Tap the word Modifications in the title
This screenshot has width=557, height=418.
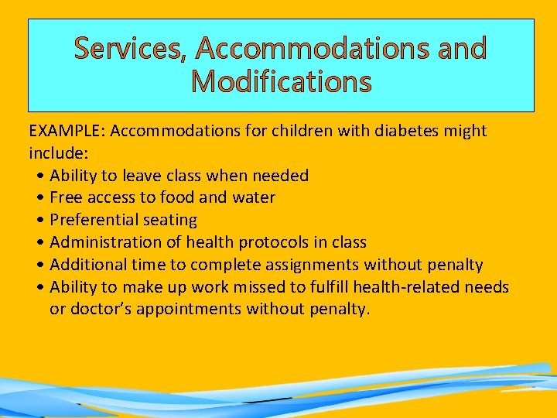point(281,81)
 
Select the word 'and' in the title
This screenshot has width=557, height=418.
point(461,49)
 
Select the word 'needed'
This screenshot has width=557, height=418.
point(282,176)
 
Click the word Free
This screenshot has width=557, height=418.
point(66,198)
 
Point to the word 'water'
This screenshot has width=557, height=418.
point(253,198)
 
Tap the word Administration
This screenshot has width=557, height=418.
point(104,243)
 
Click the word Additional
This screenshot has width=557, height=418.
point(84,266)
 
